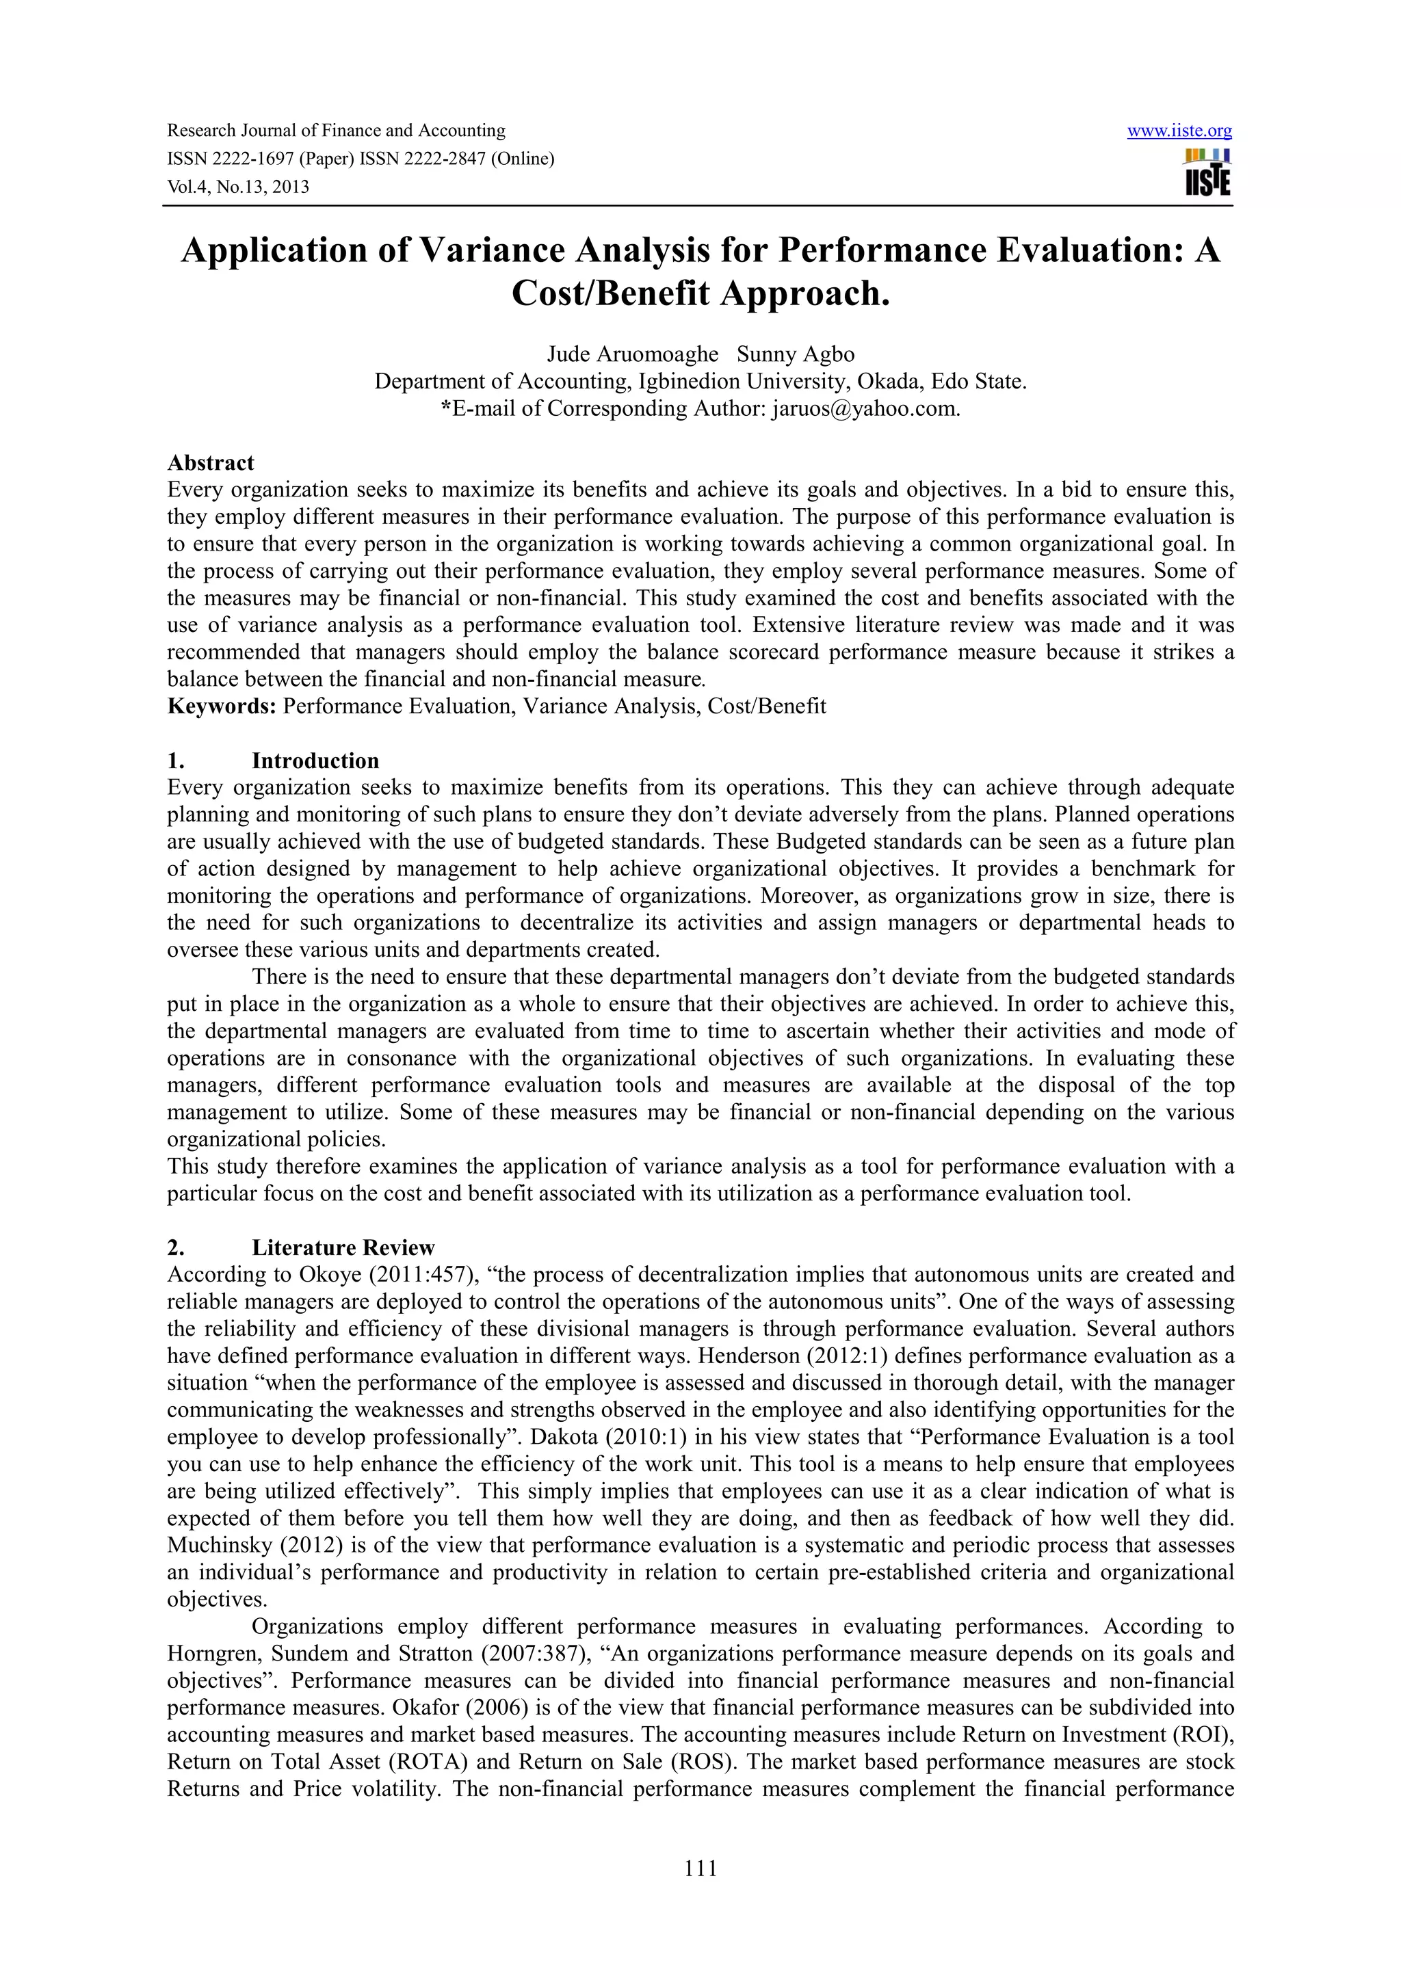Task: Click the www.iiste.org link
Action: click(x=1179, y=131)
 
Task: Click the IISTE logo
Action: click(x=1207, y=172)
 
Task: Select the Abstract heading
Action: click(x=211, y=463)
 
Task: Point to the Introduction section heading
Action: click(x=315, y=761)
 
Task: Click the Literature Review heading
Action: click(x=343, y=1247)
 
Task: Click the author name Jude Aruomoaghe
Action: click(x=632, y=354)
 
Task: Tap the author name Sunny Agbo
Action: click(x=795, y=354)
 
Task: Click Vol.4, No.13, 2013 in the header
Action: click(x=237, y=187)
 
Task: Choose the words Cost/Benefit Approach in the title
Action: click(x=700, y=293)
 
